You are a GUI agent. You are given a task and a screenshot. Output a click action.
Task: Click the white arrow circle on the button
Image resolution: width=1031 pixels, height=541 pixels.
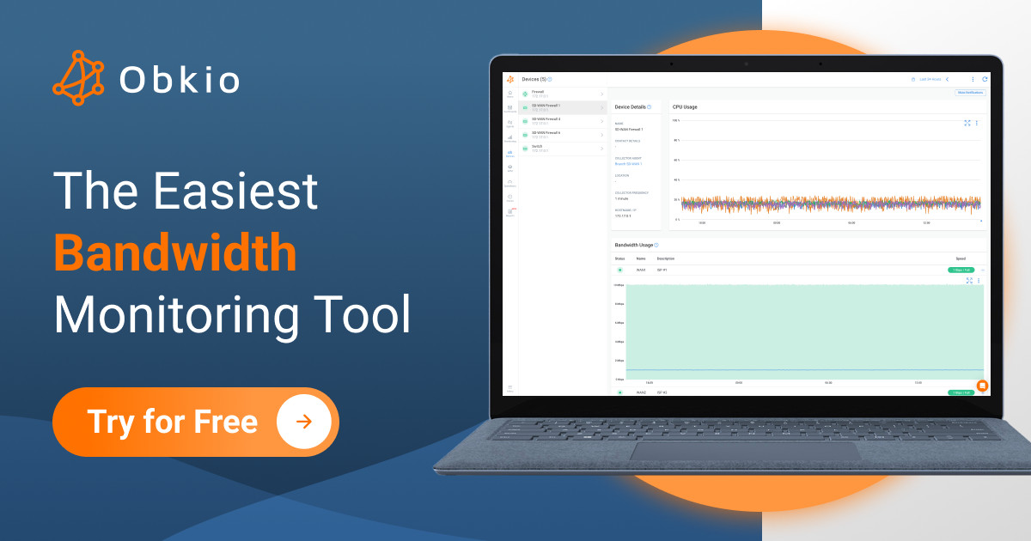tap(303, 422)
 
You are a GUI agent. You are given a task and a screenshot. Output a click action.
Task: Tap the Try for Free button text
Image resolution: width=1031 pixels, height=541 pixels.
tap(172, 422)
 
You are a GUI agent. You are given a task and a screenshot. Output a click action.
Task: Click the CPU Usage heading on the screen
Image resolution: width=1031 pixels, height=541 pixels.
tap(685, 106)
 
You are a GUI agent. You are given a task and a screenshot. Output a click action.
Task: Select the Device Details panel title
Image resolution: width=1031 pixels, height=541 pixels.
tap(631, 106)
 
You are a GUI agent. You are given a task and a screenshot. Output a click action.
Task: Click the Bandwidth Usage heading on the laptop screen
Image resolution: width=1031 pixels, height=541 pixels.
tap(635, 245)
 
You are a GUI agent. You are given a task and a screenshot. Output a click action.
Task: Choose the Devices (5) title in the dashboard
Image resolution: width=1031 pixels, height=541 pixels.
tap(535, 79)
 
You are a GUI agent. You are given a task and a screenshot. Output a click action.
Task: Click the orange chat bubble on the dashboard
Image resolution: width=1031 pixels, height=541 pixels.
tap(982, 386)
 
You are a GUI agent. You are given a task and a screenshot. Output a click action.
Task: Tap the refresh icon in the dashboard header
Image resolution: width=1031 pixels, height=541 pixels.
tap(985, 79)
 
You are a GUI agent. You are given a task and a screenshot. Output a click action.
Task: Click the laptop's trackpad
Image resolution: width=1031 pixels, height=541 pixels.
tap(743, 449)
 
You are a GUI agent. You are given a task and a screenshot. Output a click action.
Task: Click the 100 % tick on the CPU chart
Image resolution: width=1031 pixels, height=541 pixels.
tap(676, 120)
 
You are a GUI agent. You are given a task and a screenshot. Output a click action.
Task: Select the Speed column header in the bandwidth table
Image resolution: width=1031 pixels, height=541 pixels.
tap(961, 258)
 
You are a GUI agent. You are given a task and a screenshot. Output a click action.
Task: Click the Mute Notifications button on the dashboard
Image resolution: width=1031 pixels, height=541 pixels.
tap(970, 92)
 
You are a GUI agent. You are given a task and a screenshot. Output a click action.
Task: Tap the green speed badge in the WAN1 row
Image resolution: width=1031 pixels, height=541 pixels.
tap(961, 270)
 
